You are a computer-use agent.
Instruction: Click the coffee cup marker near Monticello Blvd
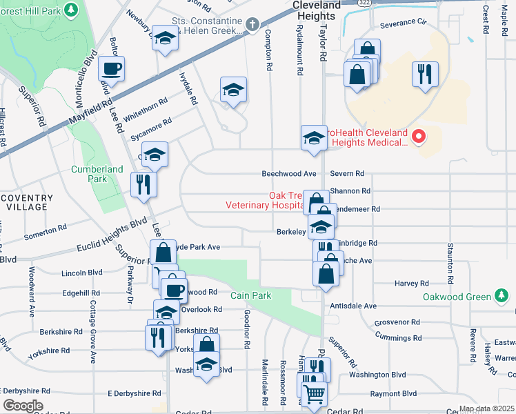[x=111, y=68]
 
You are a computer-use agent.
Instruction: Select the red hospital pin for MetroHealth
[x=418, y=137]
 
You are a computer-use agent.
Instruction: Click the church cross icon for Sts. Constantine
[x=252, y=26]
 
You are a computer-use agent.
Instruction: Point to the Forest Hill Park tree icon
[x=70, y=10]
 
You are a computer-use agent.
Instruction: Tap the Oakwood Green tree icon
[x=502, y=297]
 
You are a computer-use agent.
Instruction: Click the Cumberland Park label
[x=97, y=174]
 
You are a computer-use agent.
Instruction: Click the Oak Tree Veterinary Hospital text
[x=266, y=200]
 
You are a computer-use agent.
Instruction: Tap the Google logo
[x=22, y=406]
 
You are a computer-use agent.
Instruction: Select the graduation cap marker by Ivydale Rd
[x=234, y=89]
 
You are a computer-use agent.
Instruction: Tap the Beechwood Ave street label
[x=288, y=173]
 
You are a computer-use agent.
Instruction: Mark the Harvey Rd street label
[x=411, y=283]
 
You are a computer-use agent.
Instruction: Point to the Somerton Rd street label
[x=45, y=231]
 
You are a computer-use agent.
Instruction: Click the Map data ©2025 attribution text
[x=486, y=408]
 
